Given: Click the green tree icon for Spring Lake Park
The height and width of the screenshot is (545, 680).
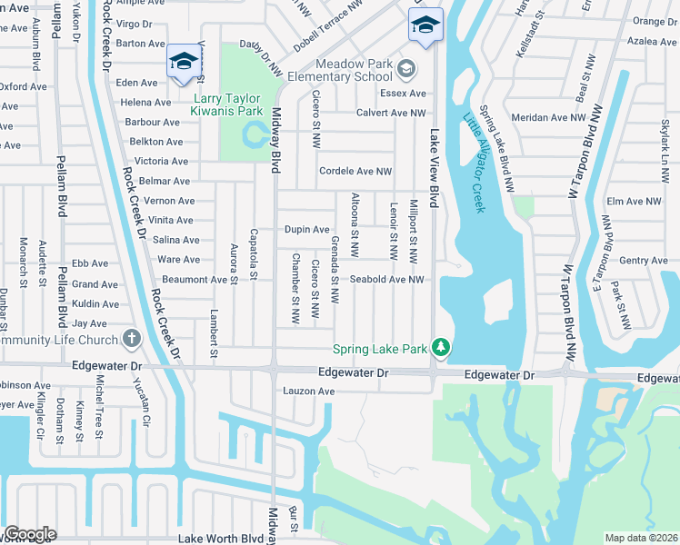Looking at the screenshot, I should (441, 347).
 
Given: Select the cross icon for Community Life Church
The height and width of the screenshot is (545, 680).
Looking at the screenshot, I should (132, 340).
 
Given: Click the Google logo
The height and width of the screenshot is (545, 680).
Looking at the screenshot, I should (29, 535).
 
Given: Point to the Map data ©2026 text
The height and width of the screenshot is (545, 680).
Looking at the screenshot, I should (642, 538).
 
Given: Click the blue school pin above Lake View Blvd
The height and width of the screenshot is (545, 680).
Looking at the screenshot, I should (425, 25).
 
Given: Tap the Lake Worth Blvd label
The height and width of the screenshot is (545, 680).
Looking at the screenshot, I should (220, 539).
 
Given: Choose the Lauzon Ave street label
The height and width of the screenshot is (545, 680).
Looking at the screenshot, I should (306, 391).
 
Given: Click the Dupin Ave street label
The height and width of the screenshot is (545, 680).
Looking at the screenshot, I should (306, 230).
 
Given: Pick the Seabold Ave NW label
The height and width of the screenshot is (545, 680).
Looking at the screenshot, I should (387, 279).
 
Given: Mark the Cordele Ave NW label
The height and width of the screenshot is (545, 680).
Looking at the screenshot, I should (355, 171).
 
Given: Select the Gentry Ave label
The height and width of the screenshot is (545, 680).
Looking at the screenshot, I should (643, 261).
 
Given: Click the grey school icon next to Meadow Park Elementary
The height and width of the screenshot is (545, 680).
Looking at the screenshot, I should (406, 68).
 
